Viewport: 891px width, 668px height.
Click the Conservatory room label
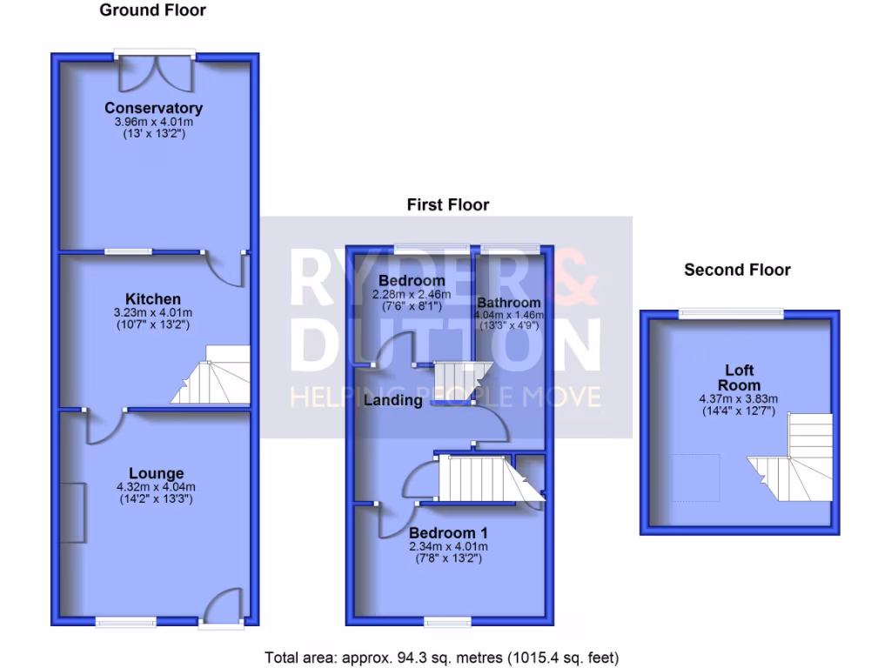(153, 108)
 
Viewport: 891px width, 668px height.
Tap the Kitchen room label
(153, 299)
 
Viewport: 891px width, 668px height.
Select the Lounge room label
(156, 474)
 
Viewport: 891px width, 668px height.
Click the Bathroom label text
(509, 303)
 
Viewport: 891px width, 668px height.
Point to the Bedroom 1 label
(448, 532)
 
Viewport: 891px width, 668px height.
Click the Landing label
(392, 401)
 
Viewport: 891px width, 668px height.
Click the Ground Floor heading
(153, 10)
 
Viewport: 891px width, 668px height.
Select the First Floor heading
(448, 205)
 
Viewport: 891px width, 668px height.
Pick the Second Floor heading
(737, 270)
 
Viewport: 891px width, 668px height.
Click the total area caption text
(441, 658)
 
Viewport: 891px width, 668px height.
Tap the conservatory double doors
(153, 73)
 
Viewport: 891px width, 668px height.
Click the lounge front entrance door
(221, 605)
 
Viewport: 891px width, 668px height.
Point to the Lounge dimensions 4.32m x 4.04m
(156, 487)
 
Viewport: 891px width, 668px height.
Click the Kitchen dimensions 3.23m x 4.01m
(153, 312)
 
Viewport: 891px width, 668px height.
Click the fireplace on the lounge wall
(75, 512)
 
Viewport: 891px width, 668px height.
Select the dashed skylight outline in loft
(696, 478)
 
